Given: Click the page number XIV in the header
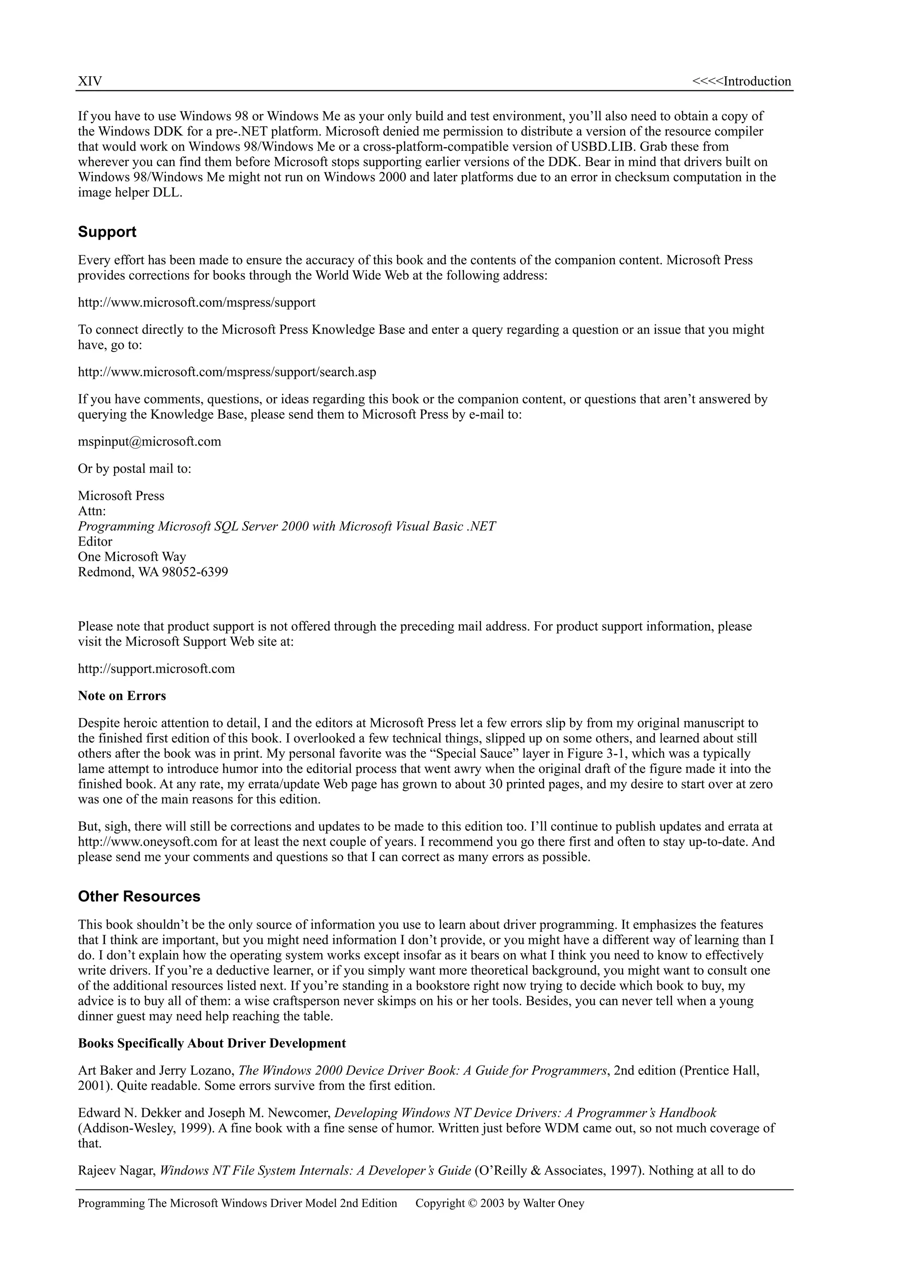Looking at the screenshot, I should click(90, 82).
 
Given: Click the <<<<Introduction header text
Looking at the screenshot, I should click(741, 82).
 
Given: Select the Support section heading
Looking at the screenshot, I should click(107, 232).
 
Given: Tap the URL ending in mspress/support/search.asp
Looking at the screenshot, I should click(227, 372).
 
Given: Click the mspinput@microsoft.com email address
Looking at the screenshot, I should click(149, 442).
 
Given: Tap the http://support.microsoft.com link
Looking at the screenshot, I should click(156, 669).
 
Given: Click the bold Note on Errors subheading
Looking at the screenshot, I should click(122, 696).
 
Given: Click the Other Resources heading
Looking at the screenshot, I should click(139, 897).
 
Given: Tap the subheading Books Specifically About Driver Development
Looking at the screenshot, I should click(211, 1043).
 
